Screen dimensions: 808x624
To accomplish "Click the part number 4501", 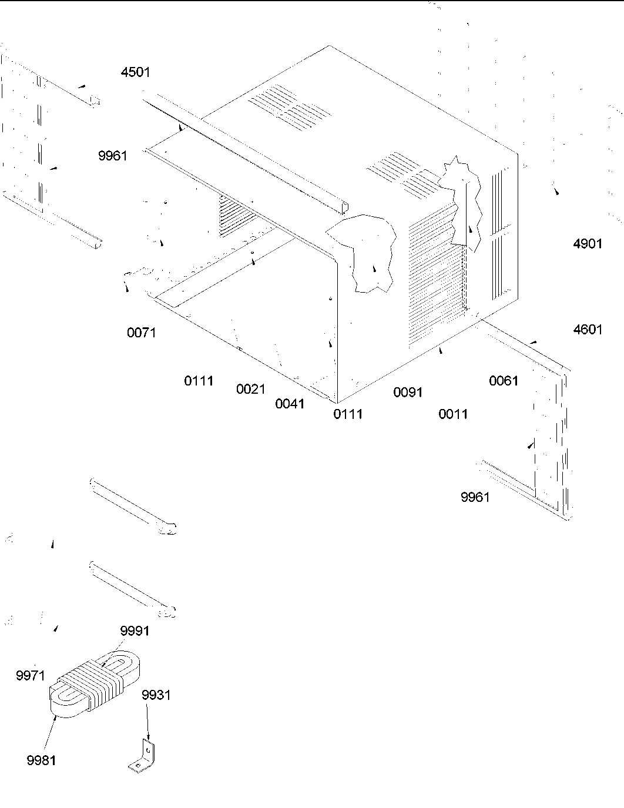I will click(x=135, y=72).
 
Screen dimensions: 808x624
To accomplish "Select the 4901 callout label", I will click(x=588, y=243).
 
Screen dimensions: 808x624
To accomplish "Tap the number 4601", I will click(x=588, y=330).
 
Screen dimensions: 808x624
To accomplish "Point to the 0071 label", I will click(x=142, y=333).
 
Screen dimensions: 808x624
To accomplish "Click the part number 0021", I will click(x=251, y=389).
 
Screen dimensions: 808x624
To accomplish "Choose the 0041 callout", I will click(x=290, y=404).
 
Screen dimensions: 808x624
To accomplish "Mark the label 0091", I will click(x=408, y=392).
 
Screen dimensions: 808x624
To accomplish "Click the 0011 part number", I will click(x=453, y=414).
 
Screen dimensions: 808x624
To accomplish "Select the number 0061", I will click(x=504, y=381).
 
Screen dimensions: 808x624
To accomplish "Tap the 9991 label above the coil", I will click(x=135, y=631).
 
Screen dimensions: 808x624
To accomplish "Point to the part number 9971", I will click(x=31, y=676).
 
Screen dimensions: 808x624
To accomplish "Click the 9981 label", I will click(x=41, y=760).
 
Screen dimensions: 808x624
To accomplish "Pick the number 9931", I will click(x=156, y=695).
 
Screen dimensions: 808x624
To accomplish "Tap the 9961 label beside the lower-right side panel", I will click(x=475, y=498).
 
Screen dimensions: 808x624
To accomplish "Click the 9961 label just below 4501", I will click(x=112, y=156).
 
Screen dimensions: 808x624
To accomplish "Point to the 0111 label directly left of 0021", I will click(x=199, y=381).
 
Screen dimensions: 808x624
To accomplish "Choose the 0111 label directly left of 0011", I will click(x=348, y=414).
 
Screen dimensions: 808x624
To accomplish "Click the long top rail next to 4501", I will click(x=247, y=153).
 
